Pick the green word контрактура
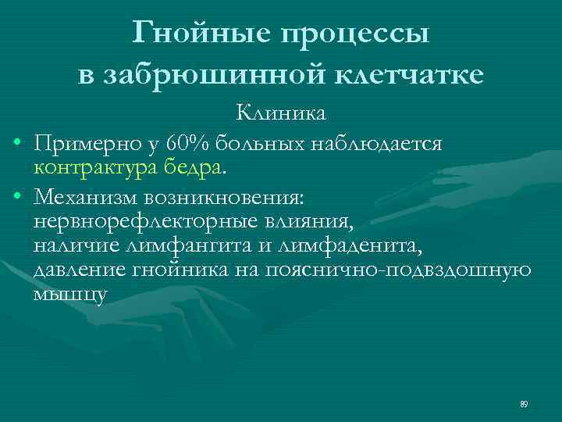(x=98, y=166)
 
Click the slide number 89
(x=524, y=403)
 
